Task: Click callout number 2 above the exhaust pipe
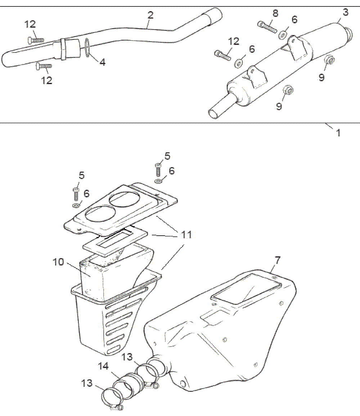tap(150, 15)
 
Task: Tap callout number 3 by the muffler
tap(345, 12)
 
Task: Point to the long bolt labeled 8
tap(267, 27)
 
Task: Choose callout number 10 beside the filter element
tap(58, 262)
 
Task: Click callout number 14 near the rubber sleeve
tap(103, 367)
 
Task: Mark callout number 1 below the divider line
tap(338, 133)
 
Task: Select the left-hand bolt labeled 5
tap(76, 194)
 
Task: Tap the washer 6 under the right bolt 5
tap(158, 180)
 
